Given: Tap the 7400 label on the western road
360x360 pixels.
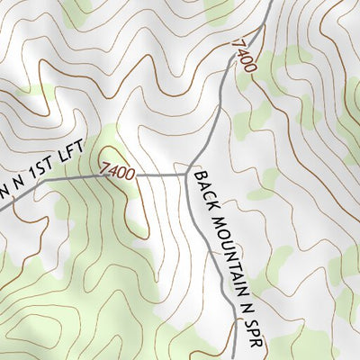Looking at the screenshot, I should [x=118, y=170].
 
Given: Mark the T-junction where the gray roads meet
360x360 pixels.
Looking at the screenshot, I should [x=189, y=170].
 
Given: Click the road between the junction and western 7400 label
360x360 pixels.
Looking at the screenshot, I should [x=162, y=174].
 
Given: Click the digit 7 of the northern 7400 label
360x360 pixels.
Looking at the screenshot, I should [x=238, y=43].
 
